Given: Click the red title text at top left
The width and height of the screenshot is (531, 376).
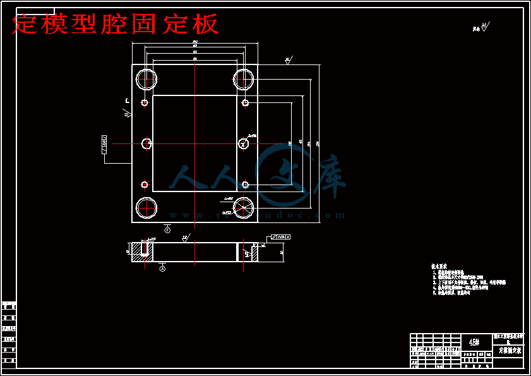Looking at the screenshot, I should pyautogui.click(x=116, y=24).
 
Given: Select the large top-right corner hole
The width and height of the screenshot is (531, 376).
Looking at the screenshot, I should pyautogui.click(x=243, y=79).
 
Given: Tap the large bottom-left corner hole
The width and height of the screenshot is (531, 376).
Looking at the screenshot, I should pyautogui.click(x=146, y=207).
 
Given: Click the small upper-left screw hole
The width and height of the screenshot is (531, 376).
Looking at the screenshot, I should pyautogui.click(x=145, y=103).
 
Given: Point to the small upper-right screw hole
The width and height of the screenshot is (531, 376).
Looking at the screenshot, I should pyautogui.click(x=245, y=103).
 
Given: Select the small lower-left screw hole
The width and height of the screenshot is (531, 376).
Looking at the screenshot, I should pyautogui.click(x=145, y=185).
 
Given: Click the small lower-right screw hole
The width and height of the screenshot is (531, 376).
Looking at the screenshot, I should pyautogui.click(x=245, y=185).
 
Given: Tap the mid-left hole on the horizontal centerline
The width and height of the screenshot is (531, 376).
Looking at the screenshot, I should pyautogui.click(x=146, y=143).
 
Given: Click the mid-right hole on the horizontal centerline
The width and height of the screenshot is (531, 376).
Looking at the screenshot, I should pyautogui.click(x=243, y=143).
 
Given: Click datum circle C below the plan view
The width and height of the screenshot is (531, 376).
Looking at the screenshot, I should pyautogui.click(x=167, y=230).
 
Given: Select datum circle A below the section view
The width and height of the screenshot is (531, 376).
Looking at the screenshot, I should pyautogui.click(x=163, y=269).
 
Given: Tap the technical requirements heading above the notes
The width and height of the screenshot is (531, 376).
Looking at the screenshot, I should pyautogui.click(x=439, y=267).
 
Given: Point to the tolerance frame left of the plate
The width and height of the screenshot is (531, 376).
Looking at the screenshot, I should pyautogui.click(x=105, y=144).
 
